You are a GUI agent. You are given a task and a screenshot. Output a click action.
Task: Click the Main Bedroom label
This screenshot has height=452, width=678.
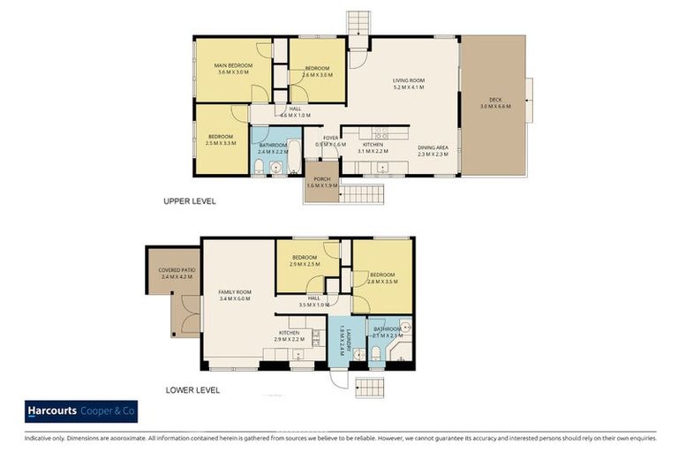pyautogui.click(x=233, y=69)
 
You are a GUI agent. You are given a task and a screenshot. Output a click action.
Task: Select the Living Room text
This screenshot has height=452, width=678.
pyautogui.click(x=409, y=84)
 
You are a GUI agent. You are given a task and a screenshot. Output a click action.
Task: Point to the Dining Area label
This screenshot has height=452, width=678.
pyautogui.click(x=433, y=150)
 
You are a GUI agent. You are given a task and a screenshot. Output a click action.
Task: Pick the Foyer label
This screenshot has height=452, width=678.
pyautogui.click(x=331, y=140)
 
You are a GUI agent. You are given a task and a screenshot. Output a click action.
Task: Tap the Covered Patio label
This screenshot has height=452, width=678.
pyautogui.click(x=177, y=274)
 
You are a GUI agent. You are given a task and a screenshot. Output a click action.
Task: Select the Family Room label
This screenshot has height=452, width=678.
pyautogui.click(x=235, y=295)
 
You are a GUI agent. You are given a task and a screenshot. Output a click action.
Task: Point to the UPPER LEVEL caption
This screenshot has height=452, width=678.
pyautogui.click(x=189, y=201)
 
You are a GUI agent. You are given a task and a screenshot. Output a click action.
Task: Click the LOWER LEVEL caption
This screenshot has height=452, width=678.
pyautogui.click(x=192, y=389)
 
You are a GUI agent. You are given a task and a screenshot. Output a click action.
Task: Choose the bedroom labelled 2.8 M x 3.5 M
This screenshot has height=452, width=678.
pyautogui.click(x=382, y=277)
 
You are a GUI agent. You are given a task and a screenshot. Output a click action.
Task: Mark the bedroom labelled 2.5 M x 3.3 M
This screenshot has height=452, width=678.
pyautogui.click(x=220, y=140)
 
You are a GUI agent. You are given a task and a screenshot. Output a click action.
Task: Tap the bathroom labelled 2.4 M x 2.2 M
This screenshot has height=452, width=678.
pyautogui.click(x=273, y=148)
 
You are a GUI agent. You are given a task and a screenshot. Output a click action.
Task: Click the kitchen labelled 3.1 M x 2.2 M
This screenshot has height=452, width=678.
pyautogui.click(x=371, y=147)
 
